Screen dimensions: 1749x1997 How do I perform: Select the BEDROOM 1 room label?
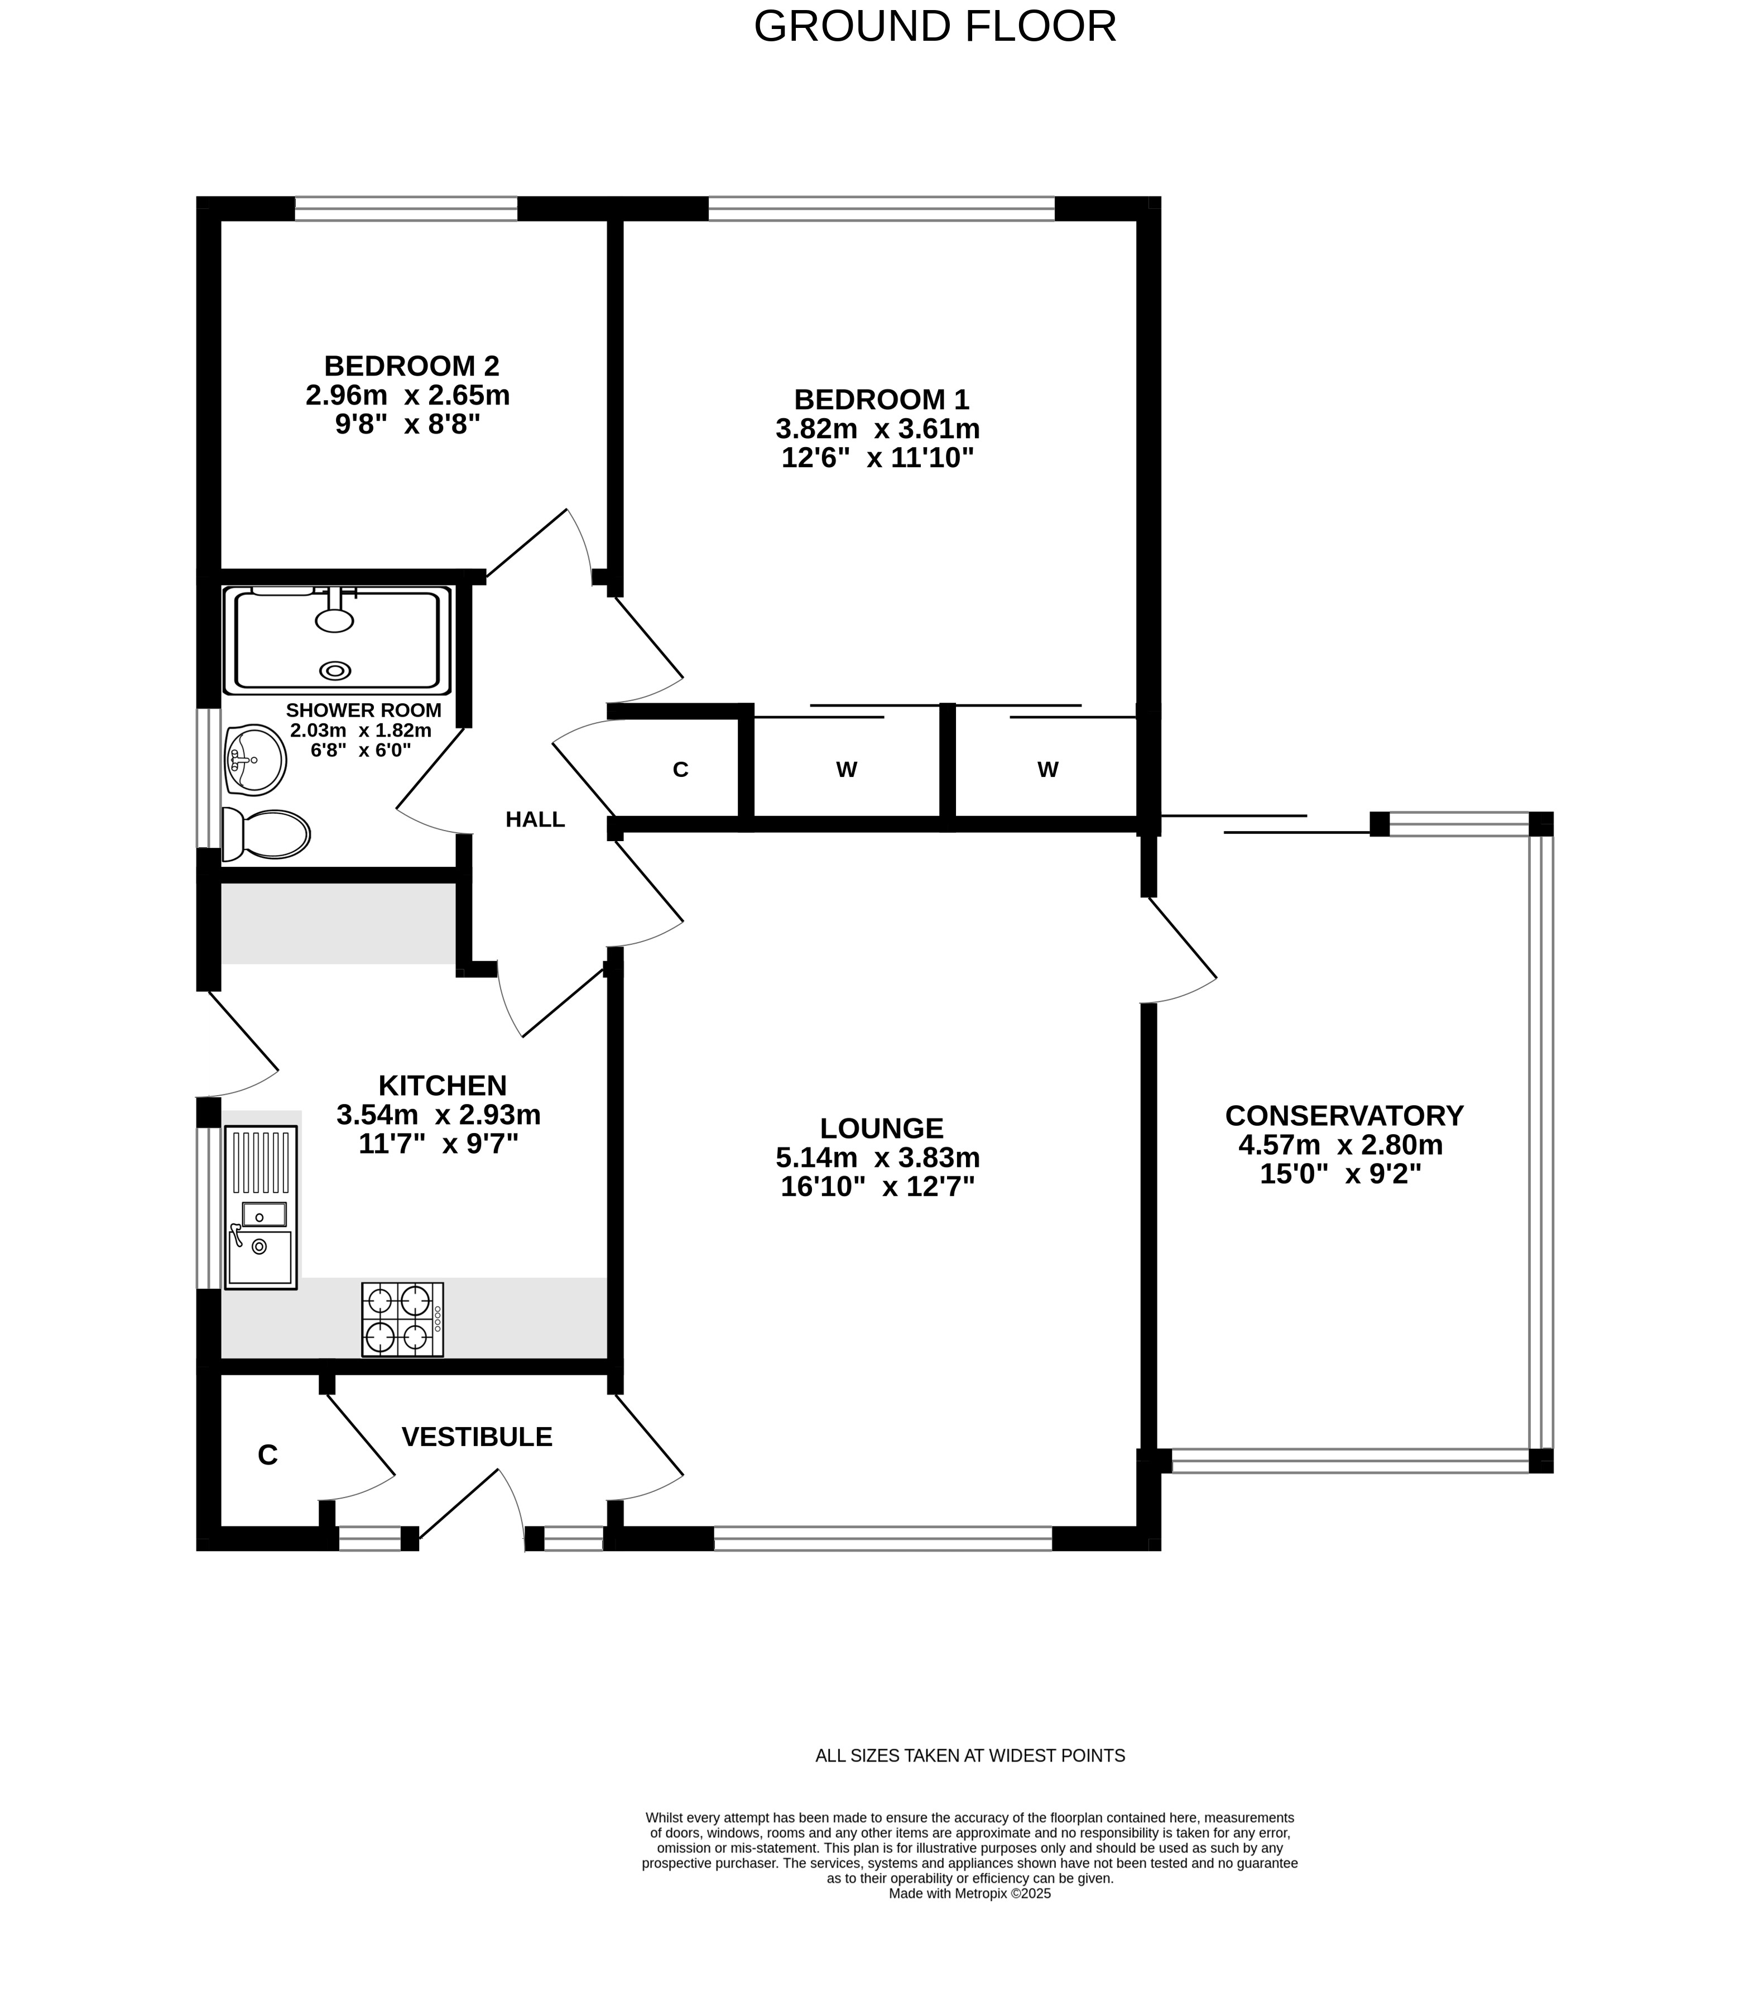(x=881, y=399)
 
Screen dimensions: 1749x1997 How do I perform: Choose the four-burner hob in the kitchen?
(x=402, y=1319)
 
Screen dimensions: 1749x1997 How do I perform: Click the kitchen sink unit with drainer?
(x=261, y=1207)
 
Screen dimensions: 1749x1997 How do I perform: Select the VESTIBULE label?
(x=477, y=1437)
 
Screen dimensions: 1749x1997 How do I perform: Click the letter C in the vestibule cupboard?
(x=267, y=1455)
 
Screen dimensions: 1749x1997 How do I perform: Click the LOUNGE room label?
(x=881, y=1129)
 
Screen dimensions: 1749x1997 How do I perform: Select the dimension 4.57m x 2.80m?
(x=1340, y=1145)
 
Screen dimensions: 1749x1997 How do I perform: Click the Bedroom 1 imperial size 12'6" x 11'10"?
(x=877, y=458)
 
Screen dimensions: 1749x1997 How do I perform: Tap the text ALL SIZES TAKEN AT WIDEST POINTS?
(x=970, y=1756)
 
